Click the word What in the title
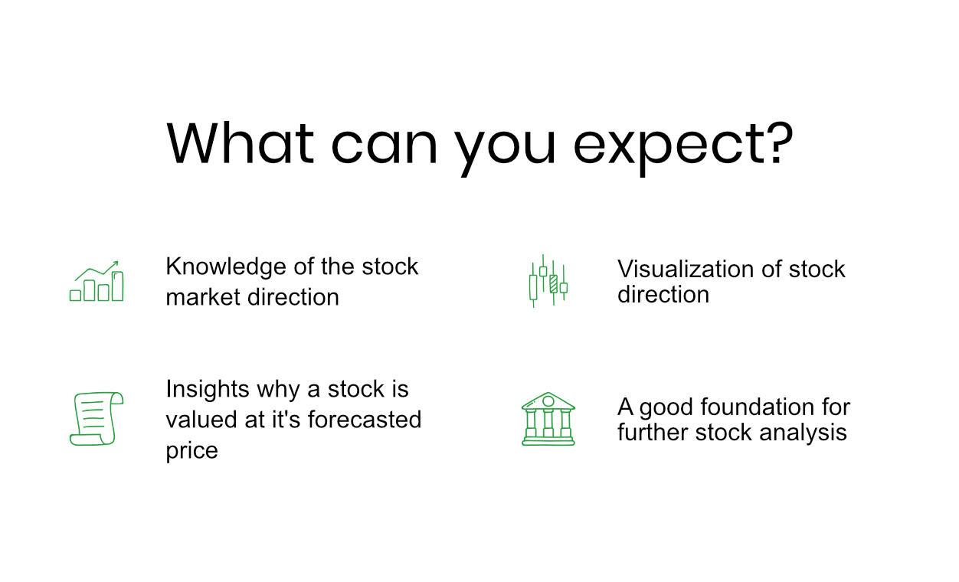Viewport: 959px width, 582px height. coord(241,143)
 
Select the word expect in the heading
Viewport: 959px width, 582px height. coord(669,148)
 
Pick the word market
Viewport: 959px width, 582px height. coord(203,297)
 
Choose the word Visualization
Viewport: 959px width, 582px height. coord(686,270)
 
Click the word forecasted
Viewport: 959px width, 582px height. coord(365,420)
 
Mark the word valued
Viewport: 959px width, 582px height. coord(201,420)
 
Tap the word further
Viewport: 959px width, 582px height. coord(653,432)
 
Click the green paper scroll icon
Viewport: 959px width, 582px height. coord(97,419)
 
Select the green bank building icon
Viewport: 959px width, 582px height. coord(548,419)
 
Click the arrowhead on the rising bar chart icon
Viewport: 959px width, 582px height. coord(116,263)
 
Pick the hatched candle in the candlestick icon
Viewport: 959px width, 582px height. coord(553,283)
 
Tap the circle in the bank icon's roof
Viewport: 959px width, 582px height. coord(548,401)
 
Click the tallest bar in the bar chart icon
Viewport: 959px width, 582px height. coord(118,286)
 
